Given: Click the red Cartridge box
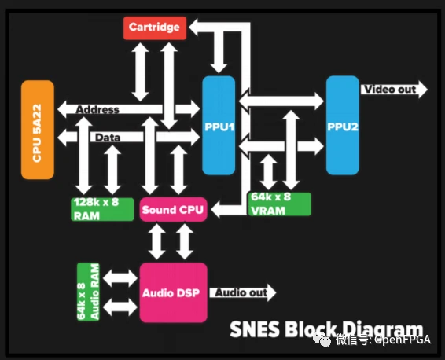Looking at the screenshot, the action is point(155,28).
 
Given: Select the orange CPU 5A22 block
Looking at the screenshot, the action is point(38,130).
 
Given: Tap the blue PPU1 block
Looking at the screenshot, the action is point(219,125).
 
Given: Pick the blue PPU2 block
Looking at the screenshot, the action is point(343,125).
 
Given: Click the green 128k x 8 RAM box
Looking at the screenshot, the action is point(102,209).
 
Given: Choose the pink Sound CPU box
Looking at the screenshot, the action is point(173,209).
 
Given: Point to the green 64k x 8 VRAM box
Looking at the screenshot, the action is point(280,204).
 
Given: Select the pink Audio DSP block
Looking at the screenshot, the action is point(173,292).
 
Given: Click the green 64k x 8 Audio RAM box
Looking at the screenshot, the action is point(88,292).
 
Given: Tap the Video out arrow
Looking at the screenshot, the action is point(394,90).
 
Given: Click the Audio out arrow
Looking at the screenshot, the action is point(243,292).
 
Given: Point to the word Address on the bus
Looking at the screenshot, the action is point(97,109).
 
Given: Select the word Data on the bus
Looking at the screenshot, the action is point(108,138).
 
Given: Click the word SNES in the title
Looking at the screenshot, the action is point(255,329).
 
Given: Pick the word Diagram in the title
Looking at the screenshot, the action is point(383,330).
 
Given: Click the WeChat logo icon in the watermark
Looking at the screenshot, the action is point(322,340).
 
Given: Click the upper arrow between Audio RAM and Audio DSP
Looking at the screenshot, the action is point(120,277).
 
